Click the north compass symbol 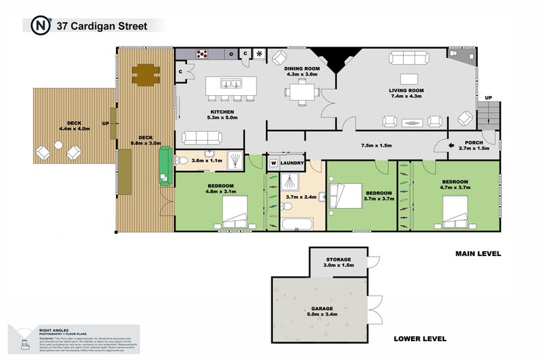[40, 25]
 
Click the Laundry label [292, 163]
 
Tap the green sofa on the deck [164, 168]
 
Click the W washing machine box [273, 163]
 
